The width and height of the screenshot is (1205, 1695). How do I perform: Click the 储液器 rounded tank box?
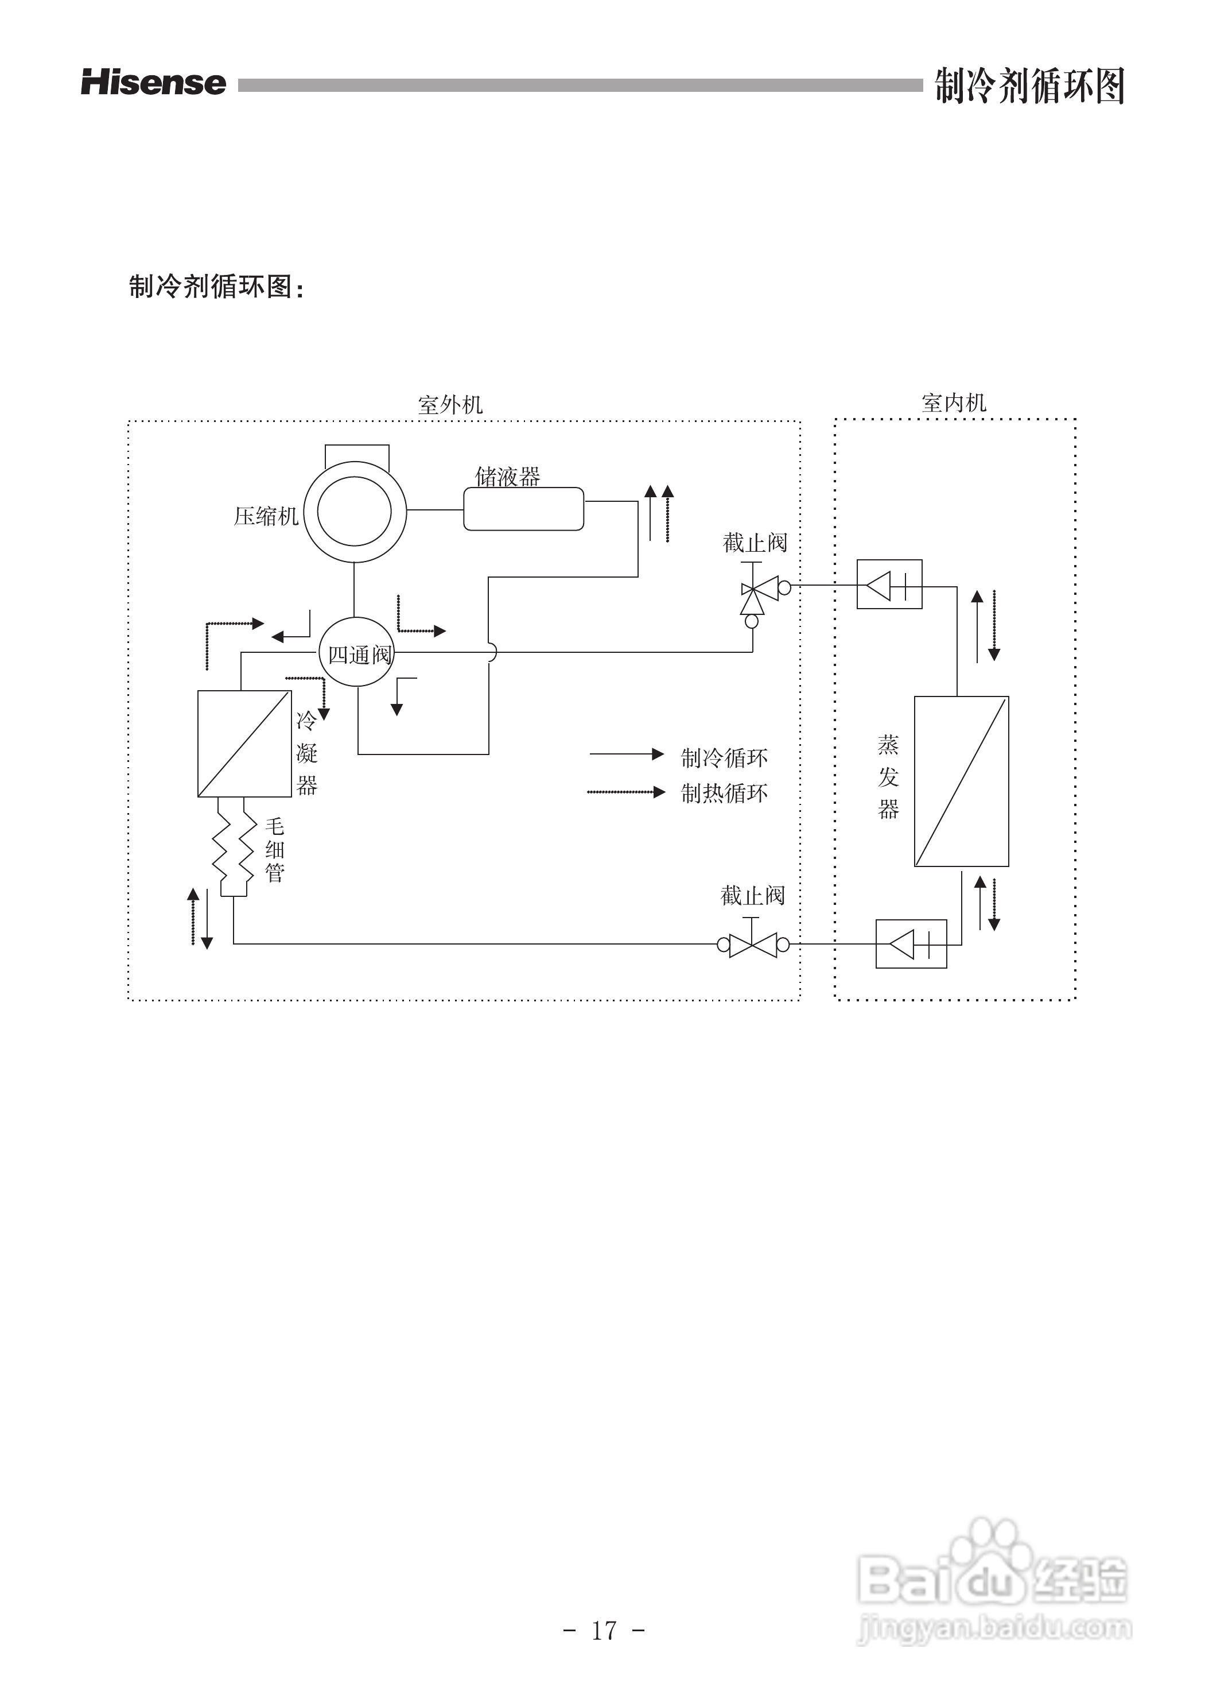(x=524, y=509)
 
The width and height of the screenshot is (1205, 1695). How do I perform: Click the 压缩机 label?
(x=266, y=516)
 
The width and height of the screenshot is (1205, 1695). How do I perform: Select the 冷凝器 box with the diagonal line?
(x=244, y=743)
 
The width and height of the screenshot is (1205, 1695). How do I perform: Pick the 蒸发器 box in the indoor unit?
(x=961, y=781)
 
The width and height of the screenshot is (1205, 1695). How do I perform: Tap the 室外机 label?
(x=450, y=405)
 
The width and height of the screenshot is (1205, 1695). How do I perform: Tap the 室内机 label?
(x=954, y=403)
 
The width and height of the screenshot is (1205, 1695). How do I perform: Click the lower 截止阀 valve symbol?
(x=753, y=945)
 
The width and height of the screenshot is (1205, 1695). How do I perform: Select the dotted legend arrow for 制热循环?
(x=626, y=792)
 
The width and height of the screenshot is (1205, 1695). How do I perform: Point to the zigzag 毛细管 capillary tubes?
(x=234, y=846)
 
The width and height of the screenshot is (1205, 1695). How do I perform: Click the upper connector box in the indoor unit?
(x=889, y=585)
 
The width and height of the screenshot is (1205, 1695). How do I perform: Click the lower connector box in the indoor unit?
(x=911, y=943)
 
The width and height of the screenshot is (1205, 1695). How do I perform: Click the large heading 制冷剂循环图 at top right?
(x=1029, y=86)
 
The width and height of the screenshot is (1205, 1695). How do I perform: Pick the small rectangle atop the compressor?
(x=357, y=454)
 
